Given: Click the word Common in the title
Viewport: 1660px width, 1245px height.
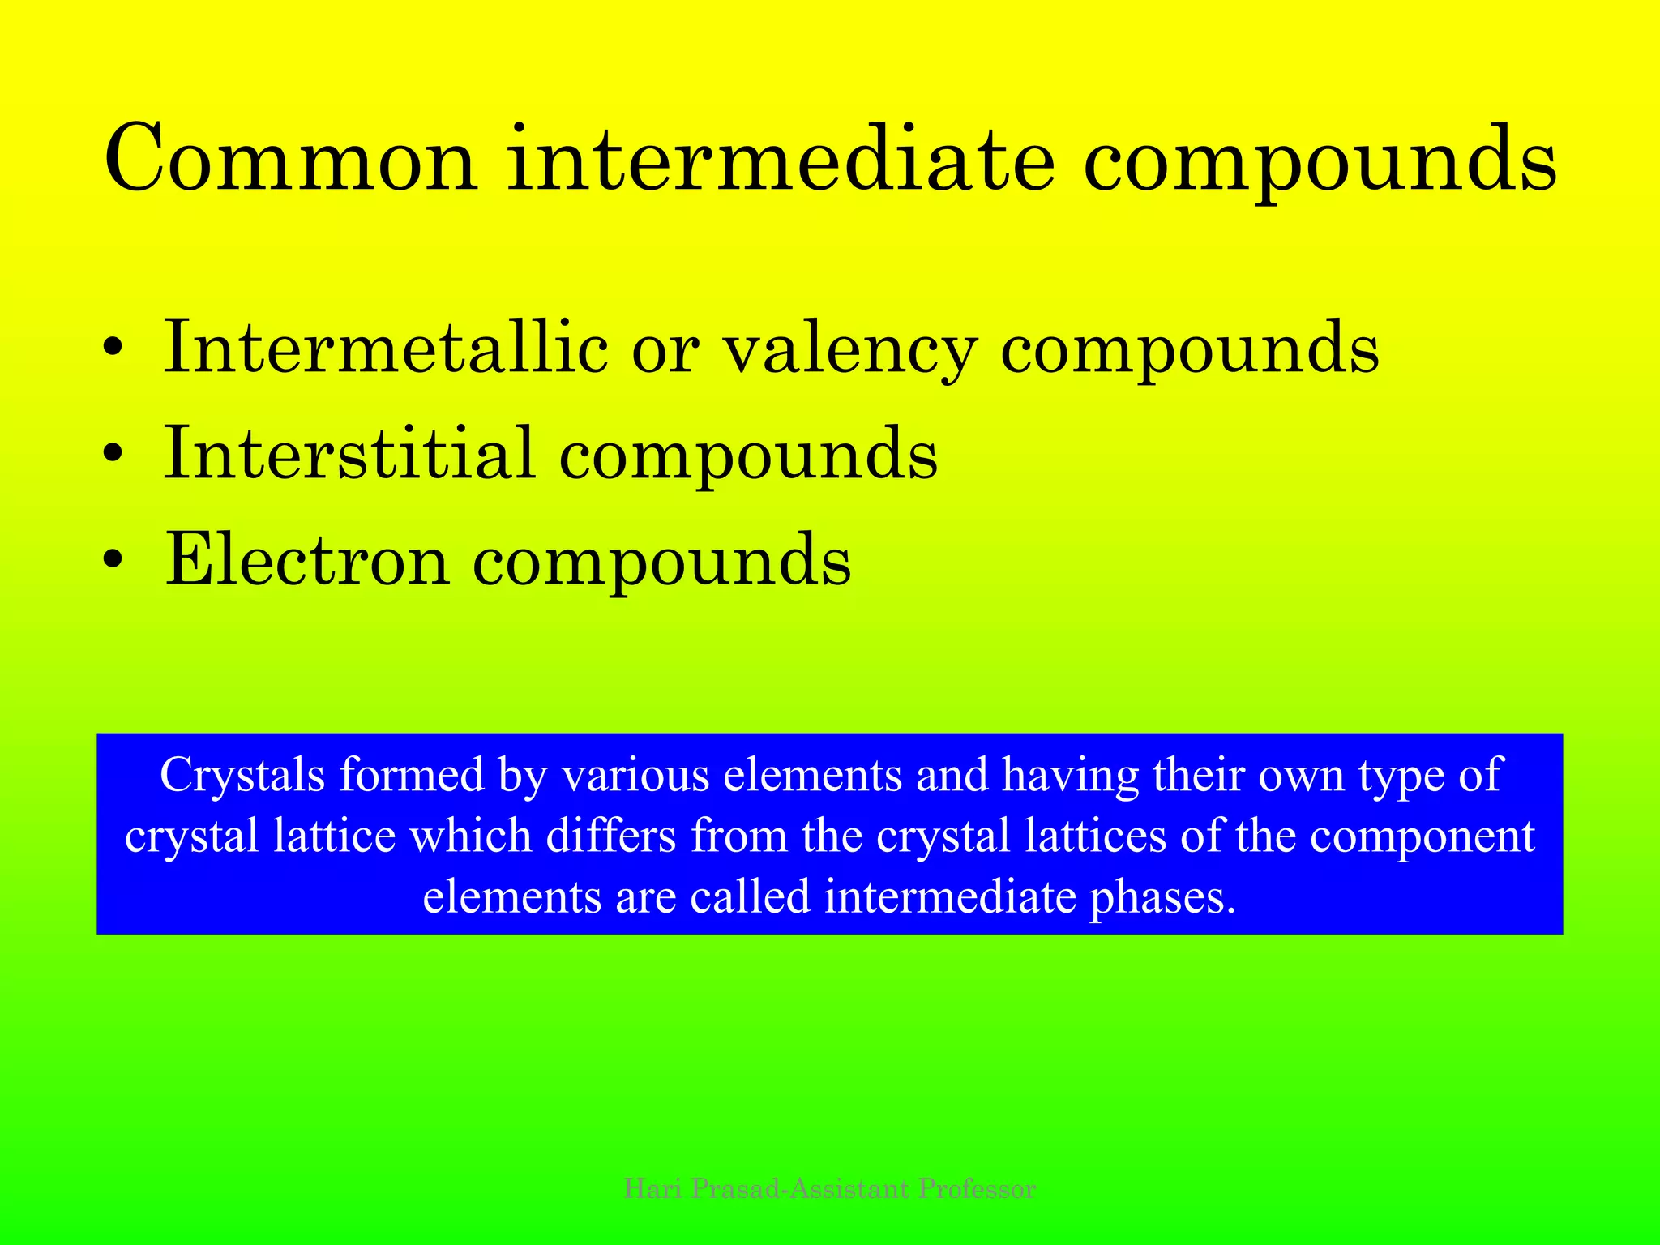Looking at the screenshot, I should point(290,160).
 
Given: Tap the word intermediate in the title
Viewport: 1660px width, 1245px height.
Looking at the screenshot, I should point(781,160).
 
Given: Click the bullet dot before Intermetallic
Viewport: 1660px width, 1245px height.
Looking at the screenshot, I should point(114,349).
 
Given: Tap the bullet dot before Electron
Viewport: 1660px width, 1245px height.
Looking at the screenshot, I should point(114,560).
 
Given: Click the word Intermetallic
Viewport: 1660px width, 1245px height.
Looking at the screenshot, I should point(386,348).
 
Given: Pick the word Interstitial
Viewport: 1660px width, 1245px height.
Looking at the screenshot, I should point(349,453).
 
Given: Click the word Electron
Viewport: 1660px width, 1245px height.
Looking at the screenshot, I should point(306,559).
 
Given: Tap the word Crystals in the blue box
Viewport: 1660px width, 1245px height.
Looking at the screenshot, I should point(242,775).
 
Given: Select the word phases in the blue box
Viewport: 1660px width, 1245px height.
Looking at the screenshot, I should point(1163,897).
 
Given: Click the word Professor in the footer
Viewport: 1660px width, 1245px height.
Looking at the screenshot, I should point(977,1189).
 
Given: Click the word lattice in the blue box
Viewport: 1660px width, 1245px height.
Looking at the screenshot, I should point(334,836).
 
